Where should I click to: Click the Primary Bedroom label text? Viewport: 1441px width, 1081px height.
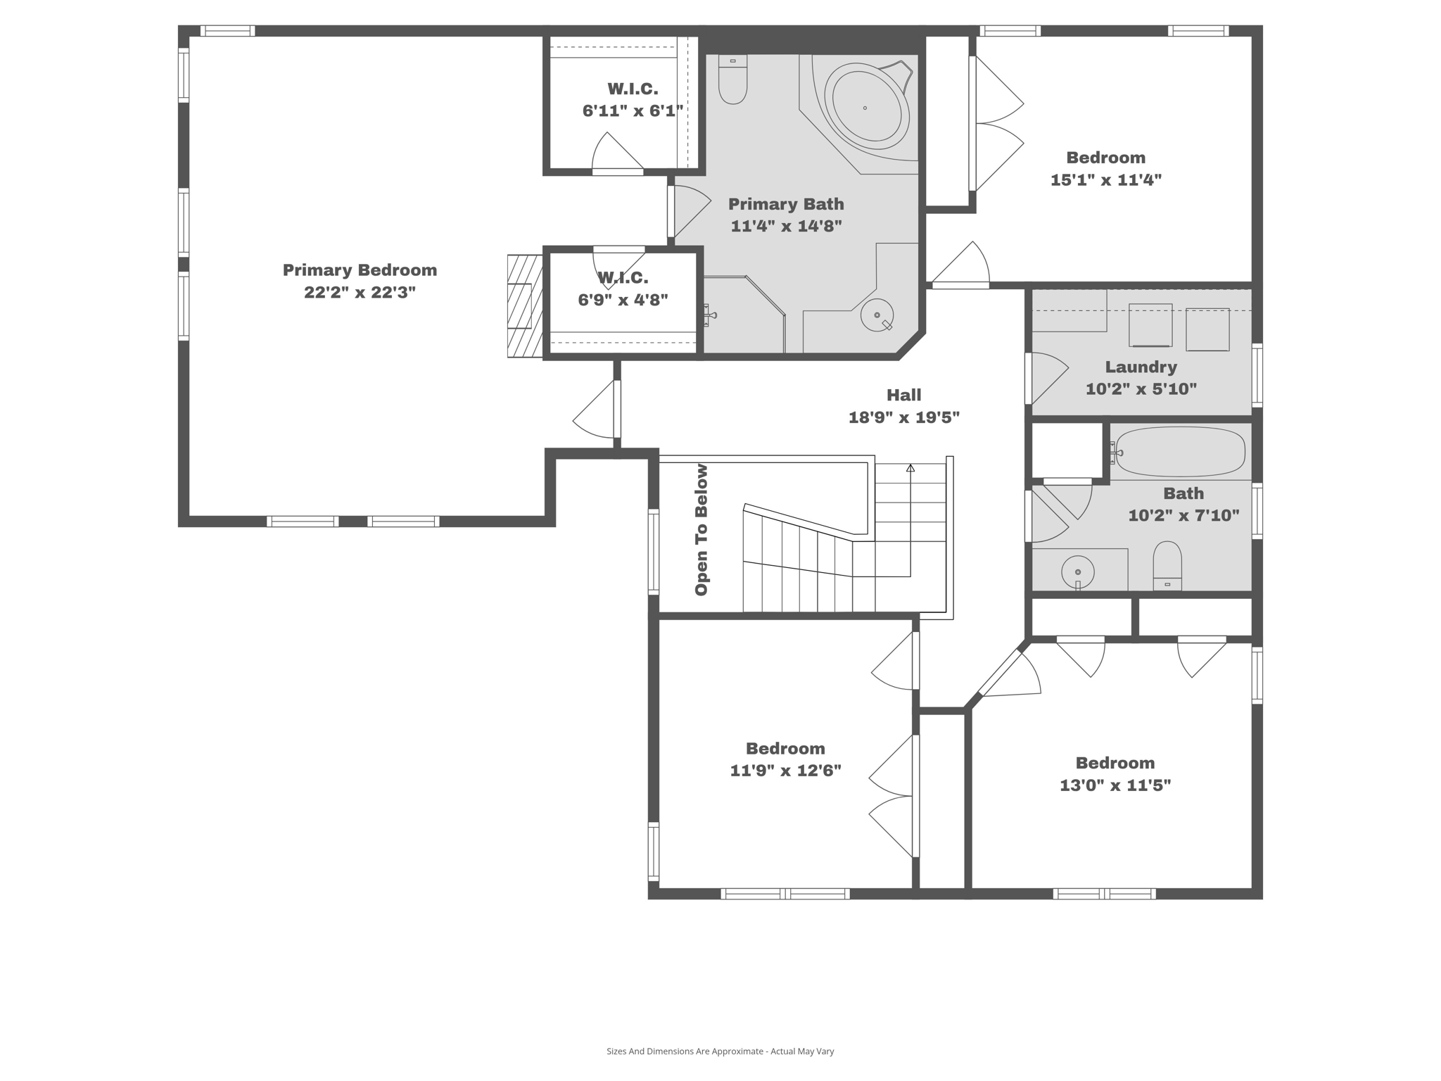coord(360,270)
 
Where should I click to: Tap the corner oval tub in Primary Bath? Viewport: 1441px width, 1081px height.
coord(866,108)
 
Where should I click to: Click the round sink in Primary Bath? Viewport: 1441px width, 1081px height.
coord(877,315)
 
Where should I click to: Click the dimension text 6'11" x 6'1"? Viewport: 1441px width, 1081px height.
coord(633,111)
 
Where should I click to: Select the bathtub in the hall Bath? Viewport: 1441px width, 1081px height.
coord(1180,452)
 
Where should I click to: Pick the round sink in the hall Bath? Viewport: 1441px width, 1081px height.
coord(1077,571)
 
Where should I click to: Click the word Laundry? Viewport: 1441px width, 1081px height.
coord(1141,367)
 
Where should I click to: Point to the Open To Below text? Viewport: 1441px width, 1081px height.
coord(702,529)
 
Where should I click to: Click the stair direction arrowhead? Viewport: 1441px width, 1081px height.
coord(910,468)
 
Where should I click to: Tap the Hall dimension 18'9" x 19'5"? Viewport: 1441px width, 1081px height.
coord(903,417)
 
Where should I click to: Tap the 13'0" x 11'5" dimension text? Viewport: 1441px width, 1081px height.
coord(1115,785)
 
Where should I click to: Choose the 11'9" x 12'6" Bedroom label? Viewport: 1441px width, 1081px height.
coord(785,748)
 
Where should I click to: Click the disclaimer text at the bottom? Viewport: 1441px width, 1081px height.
coord(720,1051)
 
